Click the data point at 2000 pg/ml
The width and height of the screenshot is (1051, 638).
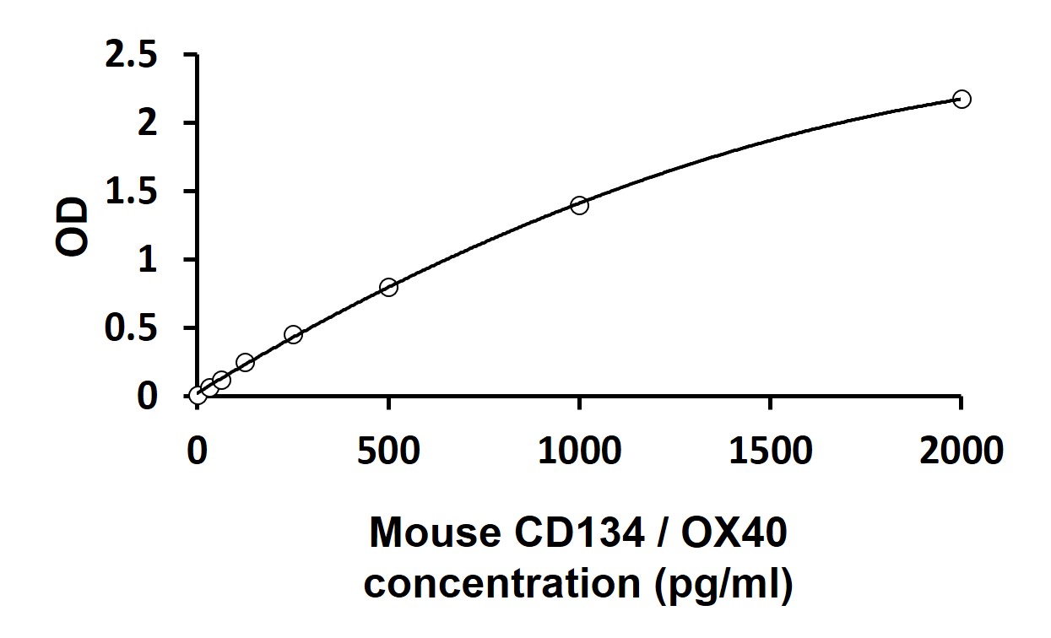962,100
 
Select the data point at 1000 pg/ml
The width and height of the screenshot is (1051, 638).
579,205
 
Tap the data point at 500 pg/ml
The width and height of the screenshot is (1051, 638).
388,287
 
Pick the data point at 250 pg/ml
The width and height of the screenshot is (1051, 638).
293,334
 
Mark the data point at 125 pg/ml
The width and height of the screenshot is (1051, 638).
245,362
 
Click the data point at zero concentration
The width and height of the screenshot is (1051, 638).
198,395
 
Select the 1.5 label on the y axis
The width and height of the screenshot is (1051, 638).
131,192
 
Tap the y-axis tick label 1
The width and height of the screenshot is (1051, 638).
148,260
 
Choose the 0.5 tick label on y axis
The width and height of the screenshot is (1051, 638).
131,328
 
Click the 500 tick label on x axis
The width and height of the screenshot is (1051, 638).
388,451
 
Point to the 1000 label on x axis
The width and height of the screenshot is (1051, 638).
579,451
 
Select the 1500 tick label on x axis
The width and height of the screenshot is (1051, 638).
770,451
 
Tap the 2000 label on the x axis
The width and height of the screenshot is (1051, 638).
962,451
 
